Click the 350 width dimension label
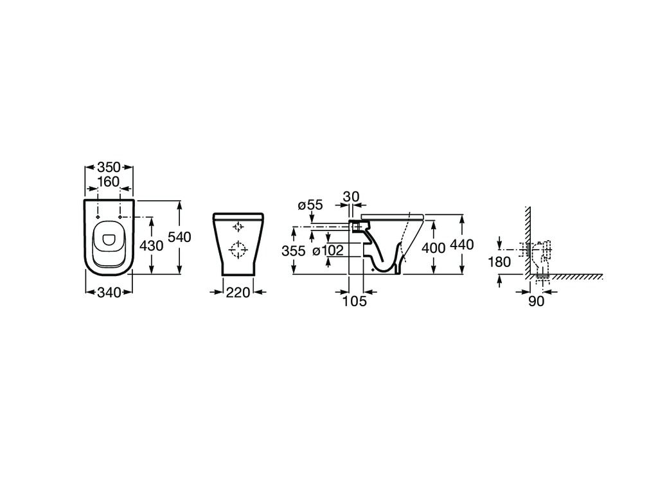109,168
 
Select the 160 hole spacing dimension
109,182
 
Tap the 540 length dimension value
180,238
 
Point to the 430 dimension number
152,246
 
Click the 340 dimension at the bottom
109,292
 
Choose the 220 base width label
238,292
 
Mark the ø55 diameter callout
310,205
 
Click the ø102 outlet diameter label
328,251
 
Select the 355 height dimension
294,251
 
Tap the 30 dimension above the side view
351,196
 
